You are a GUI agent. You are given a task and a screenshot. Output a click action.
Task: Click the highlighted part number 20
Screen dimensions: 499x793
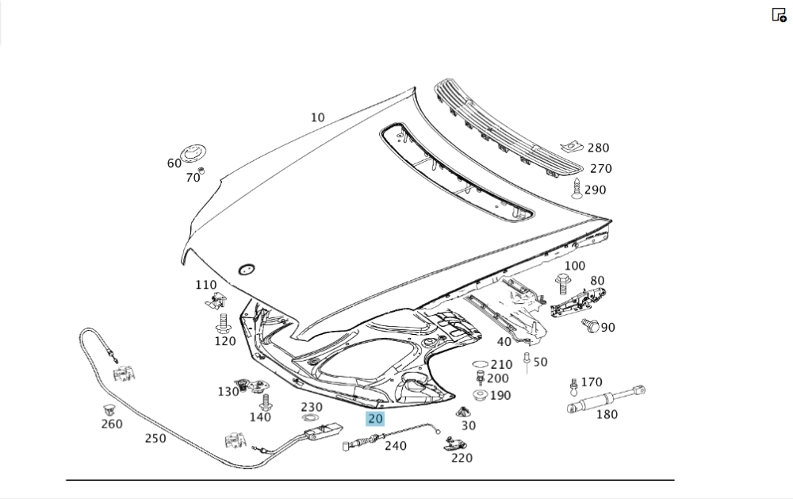[x=375, y=419]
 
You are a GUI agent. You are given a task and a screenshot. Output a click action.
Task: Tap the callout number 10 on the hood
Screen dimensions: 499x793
[x=317, y=117]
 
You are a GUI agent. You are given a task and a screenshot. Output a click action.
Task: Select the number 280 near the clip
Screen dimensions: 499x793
[x=598, y=148]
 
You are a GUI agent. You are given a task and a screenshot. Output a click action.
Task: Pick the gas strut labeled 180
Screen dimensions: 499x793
[x=605, y=399]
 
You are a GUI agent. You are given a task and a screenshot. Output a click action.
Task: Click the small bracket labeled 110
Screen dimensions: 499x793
[x=215, y=300]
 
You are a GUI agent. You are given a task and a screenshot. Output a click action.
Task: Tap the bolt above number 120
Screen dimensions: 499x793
[x=223, y=322]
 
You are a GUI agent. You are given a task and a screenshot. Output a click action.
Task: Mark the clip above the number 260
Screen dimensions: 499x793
[x=109, y=409]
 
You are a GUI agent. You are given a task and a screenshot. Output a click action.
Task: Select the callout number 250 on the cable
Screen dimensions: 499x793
[x=155, y=437]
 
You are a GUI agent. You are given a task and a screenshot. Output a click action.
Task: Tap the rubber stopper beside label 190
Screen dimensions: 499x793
[x=480, y=395]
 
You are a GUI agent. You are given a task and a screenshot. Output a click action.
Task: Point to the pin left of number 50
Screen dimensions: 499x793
[x=526, y=363]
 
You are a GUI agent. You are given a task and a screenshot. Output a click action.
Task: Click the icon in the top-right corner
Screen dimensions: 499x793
[x=779, y=14]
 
